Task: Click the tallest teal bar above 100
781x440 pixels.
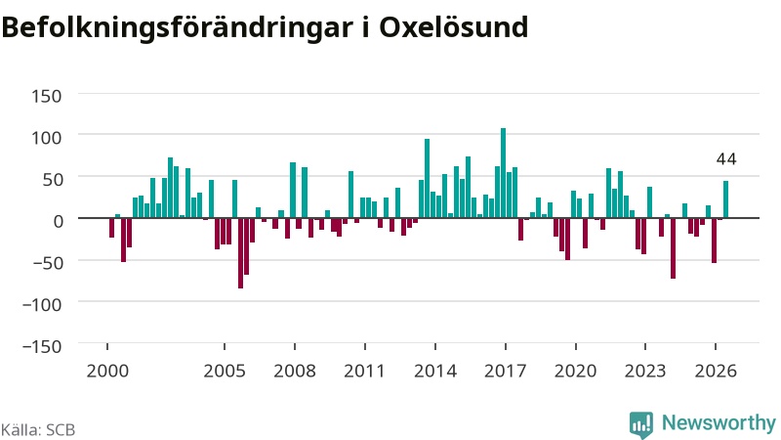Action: click(503, 173)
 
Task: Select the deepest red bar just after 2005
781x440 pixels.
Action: click(240, 253)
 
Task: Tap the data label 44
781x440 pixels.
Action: click(725, 159)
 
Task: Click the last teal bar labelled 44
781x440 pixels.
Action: click(725, 199)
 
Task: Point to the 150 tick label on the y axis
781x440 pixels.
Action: click(46, 96)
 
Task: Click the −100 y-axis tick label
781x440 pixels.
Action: click(42, 304)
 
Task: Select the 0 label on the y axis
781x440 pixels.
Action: click(59, 221)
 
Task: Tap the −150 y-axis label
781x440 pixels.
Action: click(42, 346)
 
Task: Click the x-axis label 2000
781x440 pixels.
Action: click(107, 372)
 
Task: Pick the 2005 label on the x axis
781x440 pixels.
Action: click(225, 372)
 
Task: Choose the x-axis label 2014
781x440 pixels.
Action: click(435, 372)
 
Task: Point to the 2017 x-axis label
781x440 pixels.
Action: click(506, 372)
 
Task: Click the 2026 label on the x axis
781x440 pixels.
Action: click(716, 372)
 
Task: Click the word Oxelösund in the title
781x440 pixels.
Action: click(453, 27)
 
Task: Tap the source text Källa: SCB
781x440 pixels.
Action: click(38, 429)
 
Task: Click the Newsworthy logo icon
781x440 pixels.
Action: click(641, 425)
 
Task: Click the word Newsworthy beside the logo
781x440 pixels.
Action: click(719, 422)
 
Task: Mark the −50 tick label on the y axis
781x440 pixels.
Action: click(47, 262)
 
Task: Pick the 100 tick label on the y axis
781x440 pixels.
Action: click(46, 137)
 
